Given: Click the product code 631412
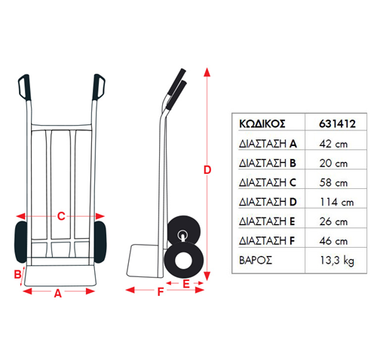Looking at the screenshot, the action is [x=337, y=124].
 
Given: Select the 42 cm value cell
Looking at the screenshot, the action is [x=333, y=144].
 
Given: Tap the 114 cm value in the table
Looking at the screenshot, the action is [x=337, y=202].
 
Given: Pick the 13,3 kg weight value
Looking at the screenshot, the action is [x=337, y=261].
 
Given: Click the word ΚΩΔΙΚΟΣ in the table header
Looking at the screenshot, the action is [x=262, y=124].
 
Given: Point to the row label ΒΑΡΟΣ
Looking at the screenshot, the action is [x=256, y=261].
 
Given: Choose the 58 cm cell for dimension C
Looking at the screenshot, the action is [x=333, y=183].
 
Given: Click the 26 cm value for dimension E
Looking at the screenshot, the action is [x=333, y=221].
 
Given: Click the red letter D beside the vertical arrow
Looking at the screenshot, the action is [x=207, y=170].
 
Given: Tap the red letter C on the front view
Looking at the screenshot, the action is [x=61, y=216].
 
